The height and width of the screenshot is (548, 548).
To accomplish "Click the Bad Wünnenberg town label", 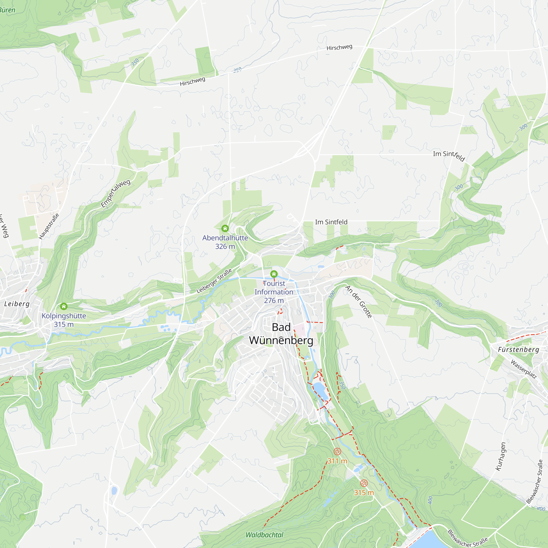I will pyautogui.click(x=281, y=334).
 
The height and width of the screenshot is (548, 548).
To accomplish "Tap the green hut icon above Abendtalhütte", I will pyautogui.click(x=225, y=228).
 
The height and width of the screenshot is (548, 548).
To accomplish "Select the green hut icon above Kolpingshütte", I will pyautogui.click(x=64, y=306).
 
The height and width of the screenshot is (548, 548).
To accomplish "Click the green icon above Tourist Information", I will pyautogui.click(x=274, y=274).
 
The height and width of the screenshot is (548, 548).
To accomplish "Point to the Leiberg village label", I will pyautogui.click(x=17, y=304).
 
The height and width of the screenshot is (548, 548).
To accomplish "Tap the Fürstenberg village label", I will pyautogui.click(x=518, y=349).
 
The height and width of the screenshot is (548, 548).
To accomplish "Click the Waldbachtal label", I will pyautogui.click(x=264, y=535).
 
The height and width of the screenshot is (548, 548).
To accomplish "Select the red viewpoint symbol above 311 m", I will pyautogui.click(x=337, y=452).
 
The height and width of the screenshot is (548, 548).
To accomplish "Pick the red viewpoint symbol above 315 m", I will pyautogui.click(x=364, y=483).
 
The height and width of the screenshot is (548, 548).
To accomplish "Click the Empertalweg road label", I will pyautogui.click(x=116, y=193).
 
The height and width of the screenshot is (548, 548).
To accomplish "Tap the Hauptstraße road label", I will pyautogui.click(x=49, y=226).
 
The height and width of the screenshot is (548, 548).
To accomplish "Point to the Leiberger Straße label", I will pyautogui.click(x=214, y=281).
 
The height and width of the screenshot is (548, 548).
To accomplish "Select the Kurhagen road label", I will pyautogui.click(x=500, y=456).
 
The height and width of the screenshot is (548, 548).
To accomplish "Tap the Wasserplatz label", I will pyautogui.click(x=524, y=369).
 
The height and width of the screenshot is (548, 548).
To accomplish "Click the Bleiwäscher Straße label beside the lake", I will pyautogui.click(x=467, y=539).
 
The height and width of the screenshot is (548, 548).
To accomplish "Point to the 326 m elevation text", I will pyautogui.click(x=225, y=247).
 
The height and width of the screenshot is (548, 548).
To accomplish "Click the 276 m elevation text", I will pyautogui.click(x=274, y=300).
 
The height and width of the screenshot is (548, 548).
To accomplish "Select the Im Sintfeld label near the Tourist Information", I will pyautogui.click(x=331, y=222).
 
